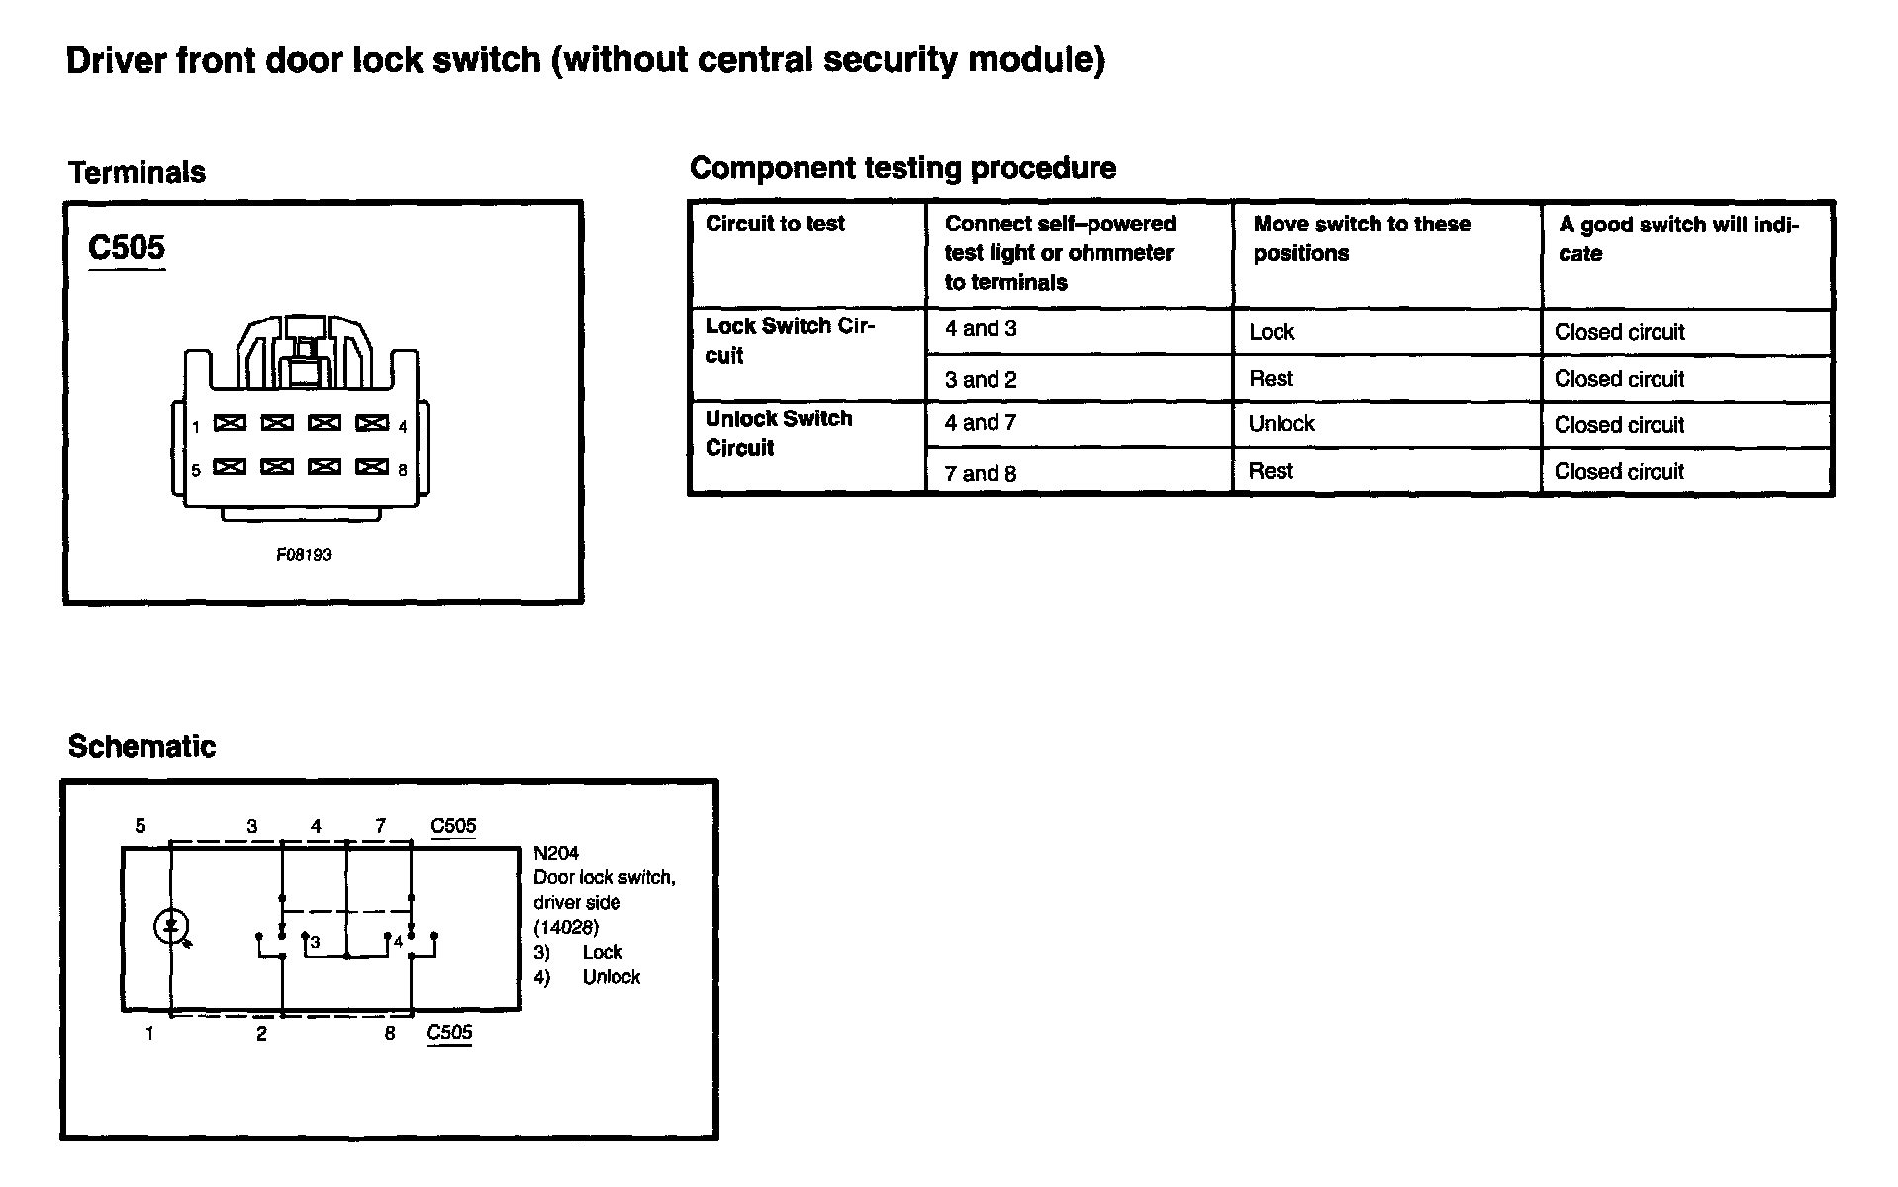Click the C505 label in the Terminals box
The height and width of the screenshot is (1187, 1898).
tap(127, 247)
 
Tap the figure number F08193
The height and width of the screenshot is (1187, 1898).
tap(304, 555)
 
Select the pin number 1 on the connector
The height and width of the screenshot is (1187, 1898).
tap(196, 427)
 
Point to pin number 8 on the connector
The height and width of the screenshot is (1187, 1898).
tap(403, 470)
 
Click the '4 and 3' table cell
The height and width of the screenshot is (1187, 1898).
tap(981, 329)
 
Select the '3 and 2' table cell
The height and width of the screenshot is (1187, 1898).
tap(981, 379)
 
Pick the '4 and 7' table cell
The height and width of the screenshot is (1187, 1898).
tap(981, 423)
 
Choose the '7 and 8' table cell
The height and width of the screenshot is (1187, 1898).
tap(981, 473)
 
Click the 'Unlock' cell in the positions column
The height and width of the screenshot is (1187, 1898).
tap(1281, 424)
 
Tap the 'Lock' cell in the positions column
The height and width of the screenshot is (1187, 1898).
tap(1272, 332)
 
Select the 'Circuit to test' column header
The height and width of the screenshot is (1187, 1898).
tap(775, 224)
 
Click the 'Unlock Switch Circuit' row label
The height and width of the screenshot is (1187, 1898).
tap(779, 433)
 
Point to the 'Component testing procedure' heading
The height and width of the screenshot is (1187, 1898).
tap(902, 168)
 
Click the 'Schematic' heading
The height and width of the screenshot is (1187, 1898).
tap(142, 746)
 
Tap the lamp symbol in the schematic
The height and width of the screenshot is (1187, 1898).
tap(171, 927)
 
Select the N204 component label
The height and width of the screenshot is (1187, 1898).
tap(556, 853)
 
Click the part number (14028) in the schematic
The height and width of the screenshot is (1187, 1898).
tap(566, 927)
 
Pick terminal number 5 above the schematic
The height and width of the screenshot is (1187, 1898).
tap(141, 825)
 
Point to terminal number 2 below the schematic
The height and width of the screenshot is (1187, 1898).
tap(261, 1034)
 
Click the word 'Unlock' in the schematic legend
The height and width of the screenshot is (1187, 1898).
tap(612, 977)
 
